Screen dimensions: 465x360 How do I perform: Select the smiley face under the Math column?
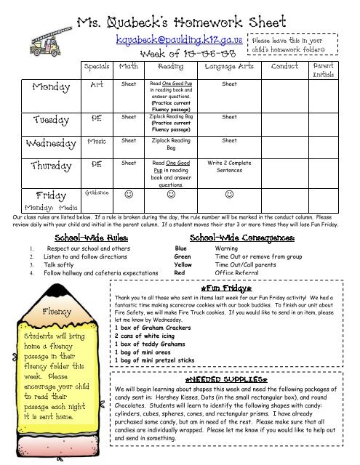pos(128,195)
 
